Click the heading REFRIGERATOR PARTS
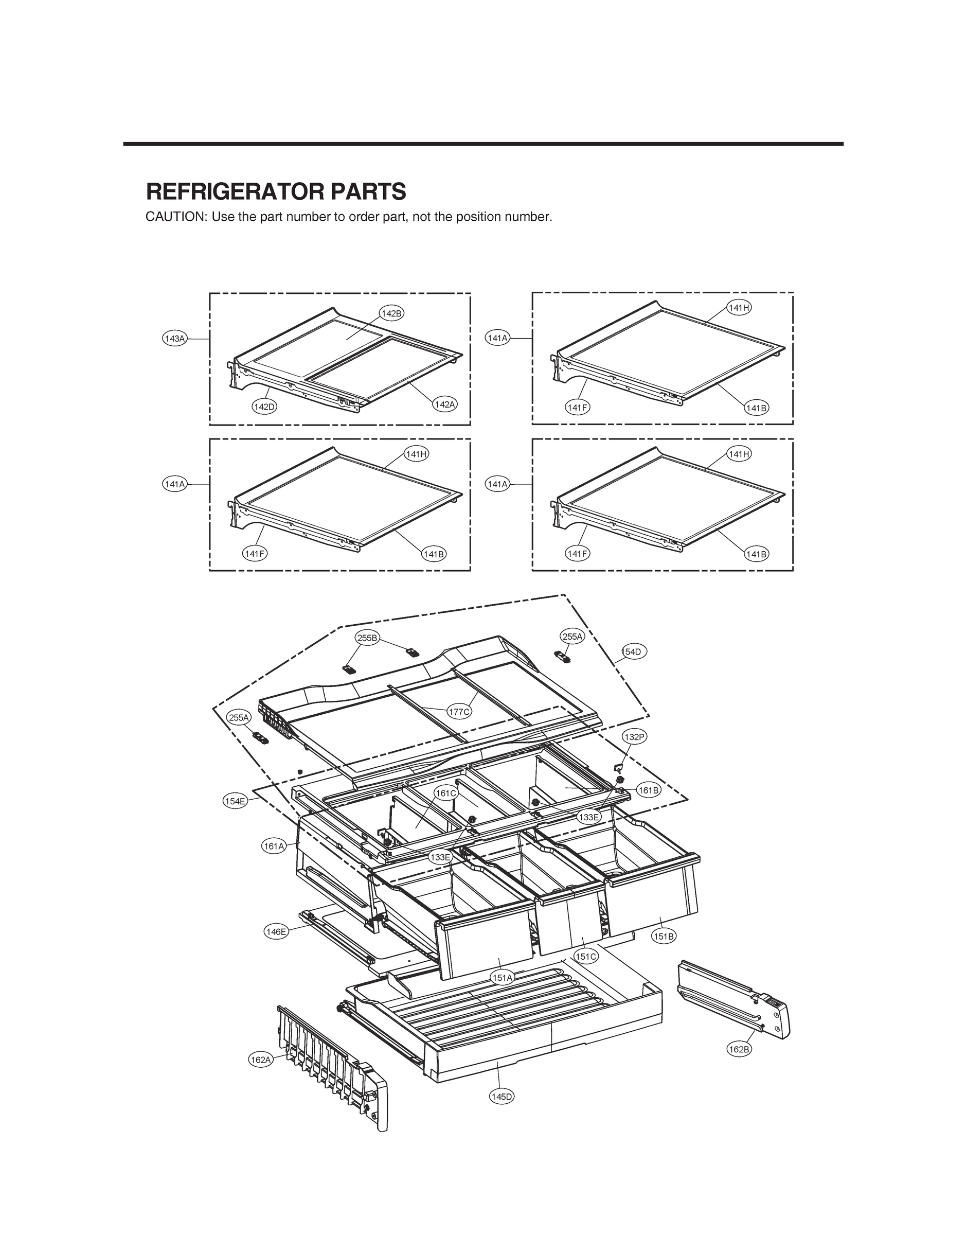click(276, 192)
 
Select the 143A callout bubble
click(174, 339)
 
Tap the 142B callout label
click(391, 314)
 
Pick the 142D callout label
click(264, 407)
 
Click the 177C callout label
click(459, 712)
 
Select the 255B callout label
click(367, 638)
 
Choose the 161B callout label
click(649, 790)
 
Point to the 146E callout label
click(276, 931)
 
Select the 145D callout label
click(502, 1097)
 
